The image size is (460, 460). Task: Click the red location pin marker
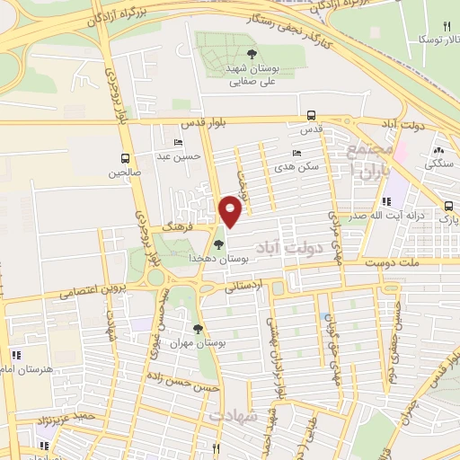231,210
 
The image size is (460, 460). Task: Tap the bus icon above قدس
311,115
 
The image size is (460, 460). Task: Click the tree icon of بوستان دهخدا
220,243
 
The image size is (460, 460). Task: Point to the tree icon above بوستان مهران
199,329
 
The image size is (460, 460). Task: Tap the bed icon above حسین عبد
178,142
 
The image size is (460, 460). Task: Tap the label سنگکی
438,164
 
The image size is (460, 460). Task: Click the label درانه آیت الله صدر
413,216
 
